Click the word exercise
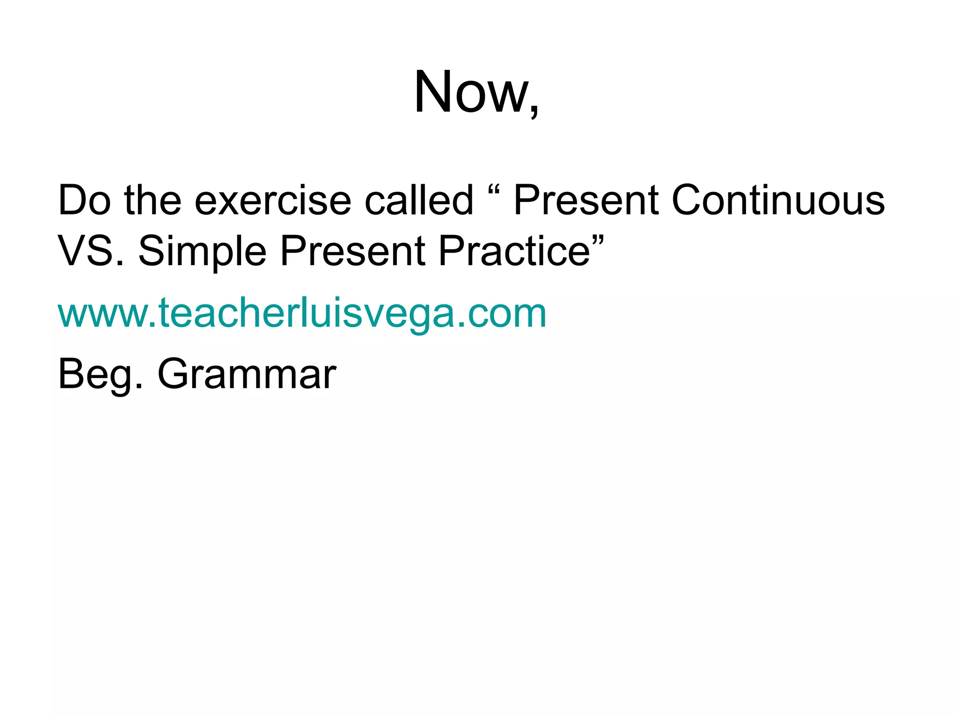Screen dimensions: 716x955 tap(272, 200)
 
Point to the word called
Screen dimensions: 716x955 tap(419, 200)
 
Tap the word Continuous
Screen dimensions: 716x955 tap(778, 200)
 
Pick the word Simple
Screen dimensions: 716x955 tap(202, 252)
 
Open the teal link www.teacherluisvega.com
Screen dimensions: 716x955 tap(302, 313)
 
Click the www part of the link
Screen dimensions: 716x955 tap(104, 315)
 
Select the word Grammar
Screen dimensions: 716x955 tap(247, 375)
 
